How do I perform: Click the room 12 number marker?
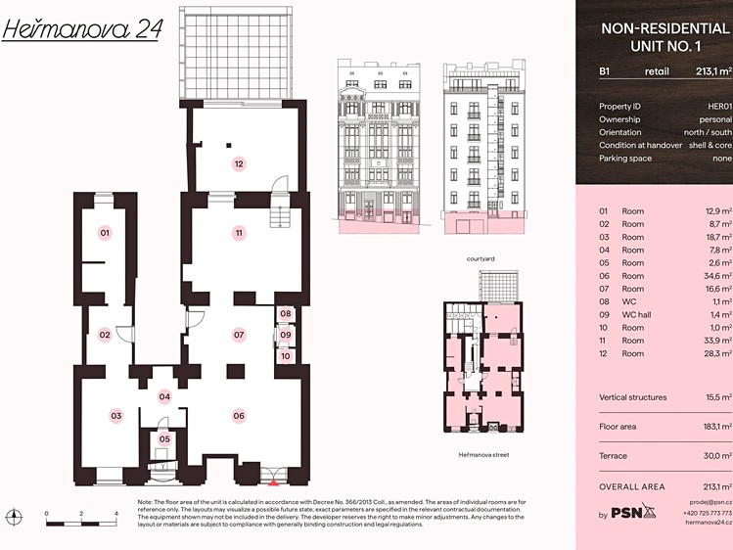tap(239, 164)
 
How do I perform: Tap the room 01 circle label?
tap(105, 233)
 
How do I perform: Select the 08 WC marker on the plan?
tap(286, 313)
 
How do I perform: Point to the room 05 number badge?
tap(164, 438)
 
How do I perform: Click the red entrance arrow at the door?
tap(273, 482)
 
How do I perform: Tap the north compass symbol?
tap(15, 517)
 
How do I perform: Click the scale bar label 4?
tap(115, 514)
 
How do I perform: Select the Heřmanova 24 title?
tap(82, 29)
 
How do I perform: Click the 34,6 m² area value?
tap(717, 276)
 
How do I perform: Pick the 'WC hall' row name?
tap(636, 314)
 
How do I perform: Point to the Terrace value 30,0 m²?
tap(718, 456)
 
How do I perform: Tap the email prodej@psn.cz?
tap(710, 502)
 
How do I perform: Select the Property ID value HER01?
tap(719, 106)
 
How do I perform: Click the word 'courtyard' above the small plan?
tap(481, 259)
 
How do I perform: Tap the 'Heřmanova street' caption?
tap(483, 454)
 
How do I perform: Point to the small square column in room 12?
tap(229, 145)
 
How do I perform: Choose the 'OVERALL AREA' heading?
tap(632, 487)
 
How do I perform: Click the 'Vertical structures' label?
tap(633, 397)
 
